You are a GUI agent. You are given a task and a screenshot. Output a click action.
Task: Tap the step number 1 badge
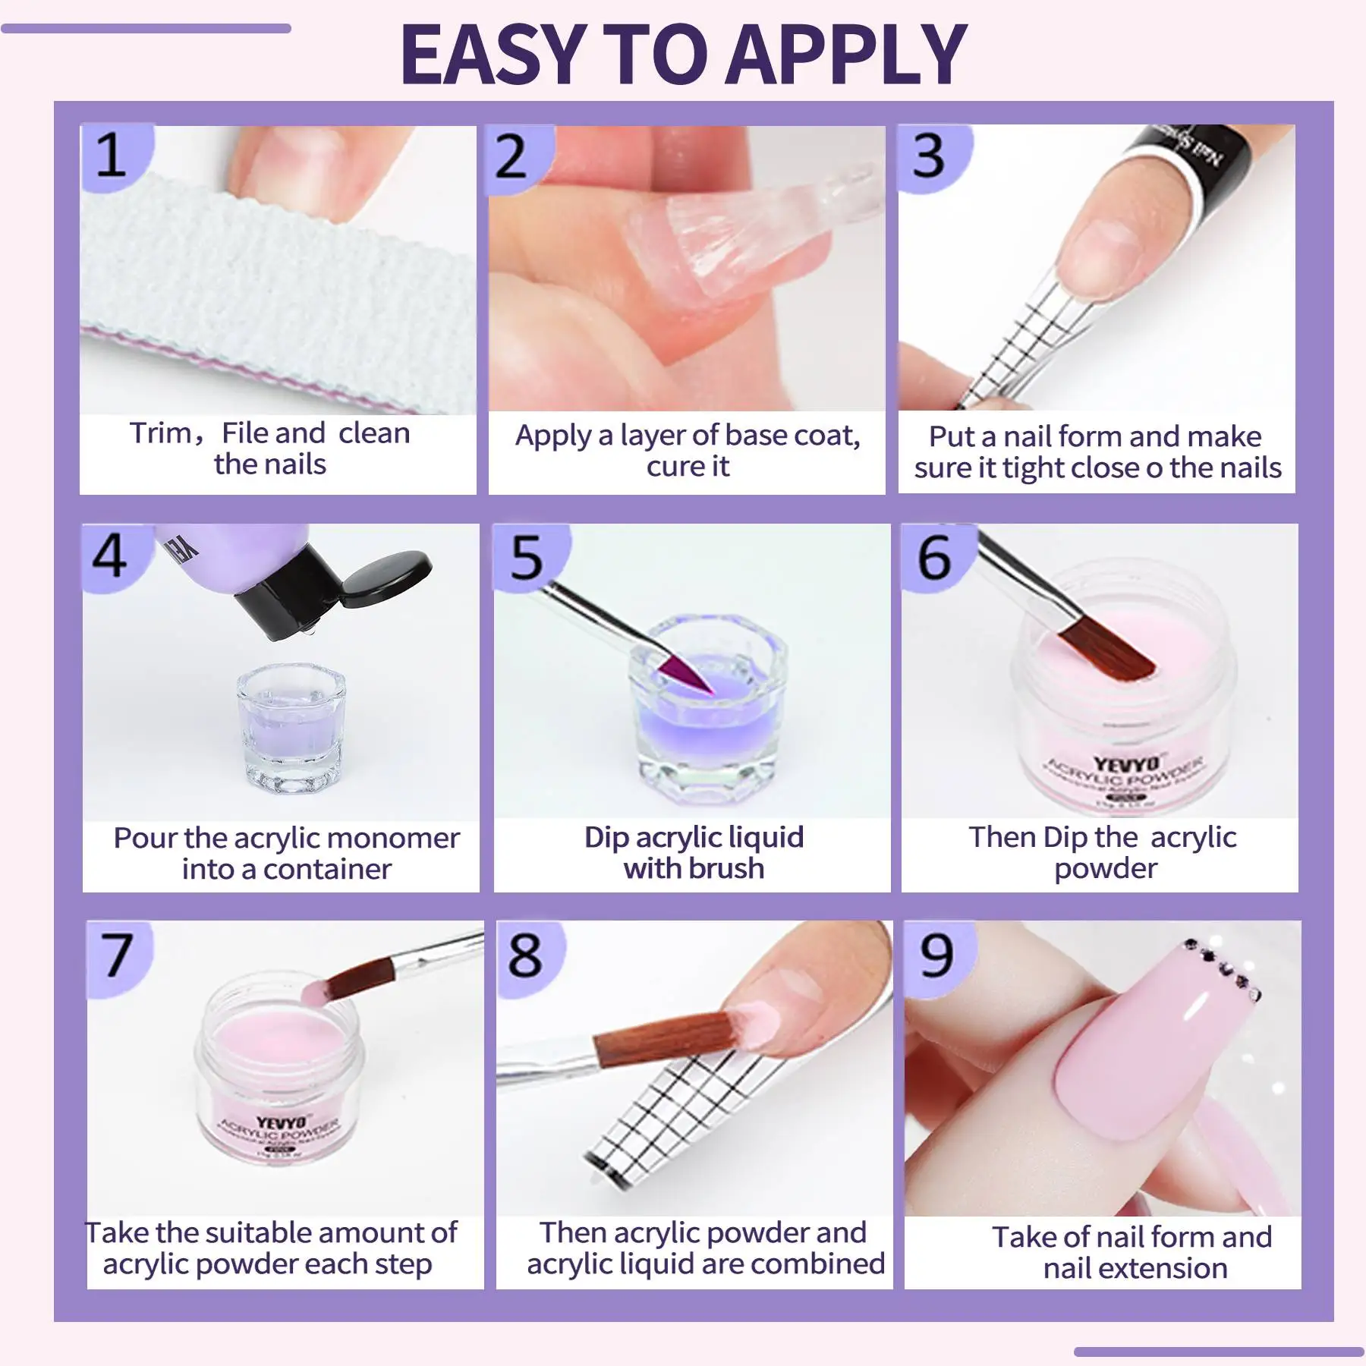pyautogui.click(x=112, y=156)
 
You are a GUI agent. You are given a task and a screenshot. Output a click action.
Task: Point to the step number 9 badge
pyautogui.click(x=936, y=955)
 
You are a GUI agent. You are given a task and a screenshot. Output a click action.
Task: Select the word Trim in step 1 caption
pyautogui.click(x=161, y=433)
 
